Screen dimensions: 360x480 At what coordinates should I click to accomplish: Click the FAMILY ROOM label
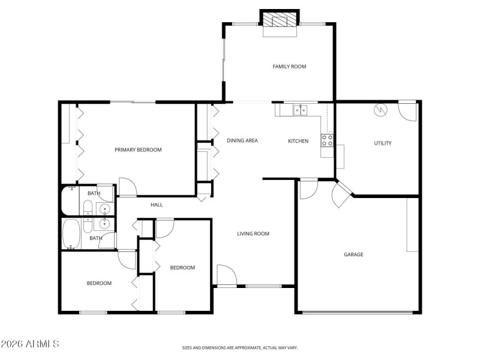pyautogui.click(x=289, y=67)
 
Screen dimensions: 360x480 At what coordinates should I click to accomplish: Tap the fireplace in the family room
pyautogui.click(x=280, y=22)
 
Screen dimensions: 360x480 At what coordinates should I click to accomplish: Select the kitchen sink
pyautogui.click(x=299, y=110)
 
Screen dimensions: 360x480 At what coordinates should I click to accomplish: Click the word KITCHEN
pyautogui.click(x=298, y=142)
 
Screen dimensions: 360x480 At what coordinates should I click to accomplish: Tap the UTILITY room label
pyautogui.click(x=383, y=143)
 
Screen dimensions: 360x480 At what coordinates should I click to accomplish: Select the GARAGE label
pyautogui.click(x=353, y=254)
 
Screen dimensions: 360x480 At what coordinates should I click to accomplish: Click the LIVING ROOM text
pyautogui.click(x=253, y=234)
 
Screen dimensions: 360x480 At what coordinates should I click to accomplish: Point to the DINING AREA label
pyautogui.click(x=242, y=141)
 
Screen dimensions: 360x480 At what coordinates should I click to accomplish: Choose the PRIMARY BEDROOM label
pyautogui.click(x=138, y=150)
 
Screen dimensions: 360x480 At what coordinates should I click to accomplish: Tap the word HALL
pyautogui.click(x=157, y=205)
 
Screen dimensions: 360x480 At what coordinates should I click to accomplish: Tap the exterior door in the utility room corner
pyautogui.click(x=407, y=110)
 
